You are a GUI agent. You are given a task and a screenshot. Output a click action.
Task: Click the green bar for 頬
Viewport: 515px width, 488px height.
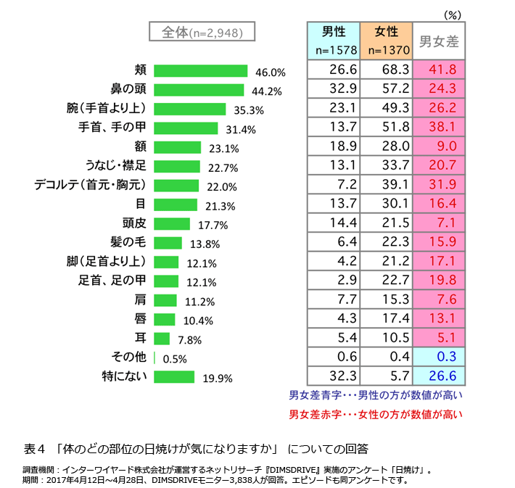point(201,70)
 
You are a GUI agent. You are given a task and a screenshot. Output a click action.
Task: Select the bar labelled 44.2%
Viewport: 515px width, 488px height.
point(199,90)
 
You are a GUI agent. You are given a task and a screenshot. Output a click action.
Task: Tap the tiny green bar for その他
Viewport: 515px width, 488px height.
point(155,357)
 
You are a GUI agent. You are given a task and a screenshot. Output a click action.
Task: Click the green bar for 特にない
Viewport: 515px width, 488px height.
point(174,376)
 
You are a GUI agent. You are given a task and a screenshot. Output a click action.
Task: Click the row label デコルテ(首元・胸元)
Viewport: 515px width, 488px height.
point(91,185)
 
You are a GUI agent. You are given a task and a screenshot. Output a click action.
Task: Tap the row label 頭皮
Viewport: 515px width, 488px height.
point(134,223)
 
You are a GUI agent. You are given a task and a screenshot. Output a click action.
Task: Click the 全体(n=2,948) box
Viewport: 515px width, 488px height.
point(195,33)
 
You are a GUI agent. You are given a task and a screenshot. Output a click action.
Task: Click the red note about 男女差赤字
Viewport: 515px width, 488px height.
point(376,415)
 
